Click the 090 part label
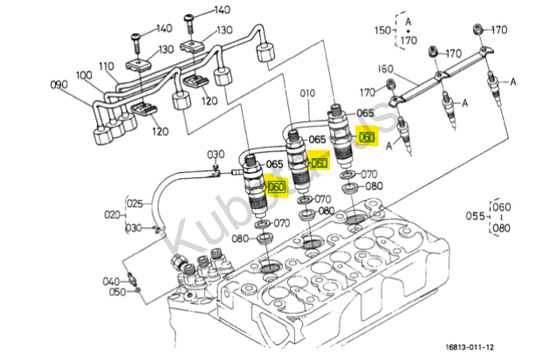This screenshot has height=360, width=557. (59, 85)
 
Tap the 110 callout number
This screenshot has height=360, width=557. (106, 66)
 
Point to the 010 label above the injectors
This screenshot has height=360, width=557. (308, 93)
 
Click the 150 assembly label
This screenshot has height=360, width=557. (382, 31)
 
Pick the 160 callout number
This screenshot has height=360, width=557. (385, 69)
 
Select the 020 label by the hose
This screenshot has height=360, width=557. (112, 214)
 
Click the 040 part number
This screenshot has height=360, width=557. (110, 281)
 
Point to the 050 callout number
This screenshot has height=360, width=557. (117, 292)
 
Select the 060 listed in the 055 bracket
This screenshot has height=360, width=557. (502, 207)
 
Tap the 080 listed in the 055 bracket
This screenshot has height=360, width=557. (502, 229)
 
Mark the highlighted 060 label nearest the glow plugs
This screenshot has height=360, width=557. (367, 137)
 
